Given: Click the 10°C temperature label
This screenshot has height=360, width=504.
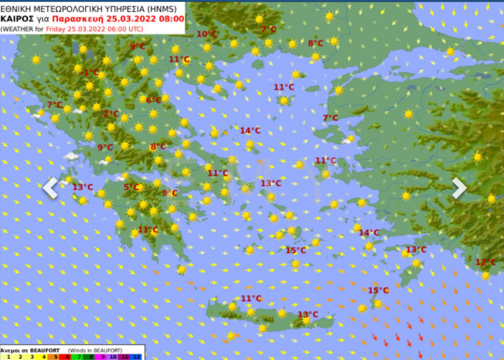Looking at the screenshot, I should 207,34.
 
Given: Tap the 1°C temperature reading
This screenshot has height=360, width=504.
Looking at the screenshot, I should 91,72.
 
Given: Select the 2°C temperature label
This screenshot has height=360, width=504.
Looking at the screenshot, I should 111,114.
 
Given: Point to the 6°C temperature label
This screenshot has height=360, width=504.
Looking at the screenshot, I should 153,100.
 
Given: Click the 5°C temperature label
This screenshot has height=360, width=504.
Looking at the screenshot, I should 131,187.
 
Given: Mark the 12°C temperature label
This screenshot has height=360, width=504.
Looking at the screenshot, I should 485,262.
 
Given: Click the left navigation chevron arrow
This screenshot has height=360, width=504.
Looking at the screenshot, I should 50,187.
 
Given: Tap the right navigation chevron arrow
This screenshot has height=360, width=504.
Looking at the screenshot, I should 459,187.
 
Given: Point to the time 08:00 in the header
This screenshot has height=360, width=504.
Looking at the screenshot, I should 171,18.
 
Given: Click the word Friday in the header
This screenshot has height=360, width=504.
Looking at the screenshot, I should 56,29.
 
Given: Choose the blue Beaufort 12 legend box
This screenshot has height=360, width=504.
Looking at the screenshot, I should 136,356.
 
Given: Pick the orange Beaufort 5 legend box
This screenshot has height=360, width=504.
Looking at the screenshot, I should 55,356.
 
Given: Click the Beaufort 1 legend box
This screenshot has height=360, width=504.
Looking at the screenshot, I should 8,356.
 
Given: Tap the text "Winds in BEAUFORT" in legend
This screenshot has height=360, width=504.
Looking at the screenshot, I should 94,349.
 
